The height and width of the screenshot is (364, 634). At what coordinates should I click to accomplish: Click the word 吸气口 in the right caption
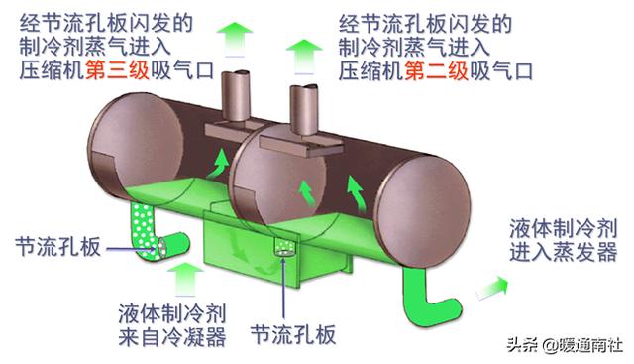click(504, 71)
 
